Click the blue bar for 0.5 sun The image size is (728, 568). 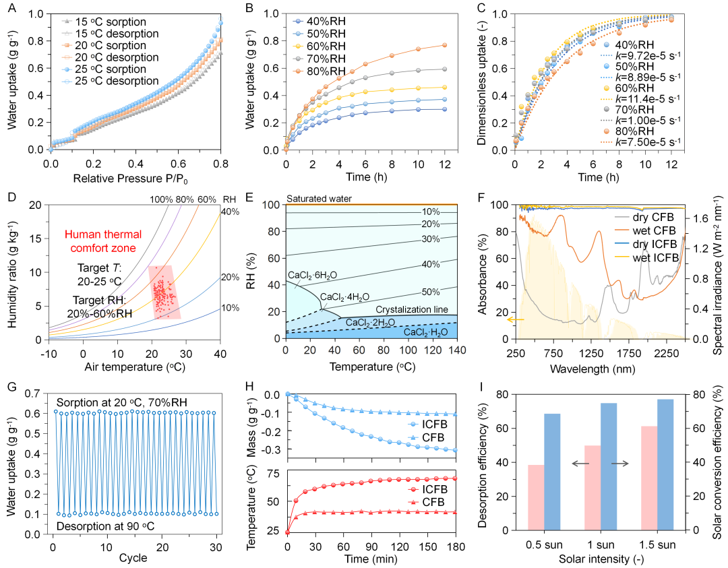pyautogui.click(x=553, y=472)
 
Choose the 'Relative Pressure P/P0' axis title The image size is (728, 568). pyautogui.click(x=135, y=179)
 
